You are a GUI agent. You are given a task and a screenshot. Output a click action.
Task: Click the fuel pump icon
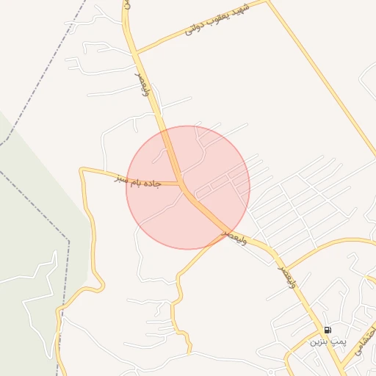click(x=328, y=330)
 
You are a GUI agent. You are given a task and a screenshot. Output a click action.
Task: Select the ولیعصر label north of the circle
click(x=143, y=84)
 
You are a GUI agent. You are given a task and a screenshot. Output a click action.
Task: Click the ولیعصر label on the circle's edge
click(x=234, y=236)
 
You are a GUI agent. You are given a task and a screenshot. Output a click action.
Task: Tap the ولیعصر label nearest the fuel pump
click(x=287, y=278)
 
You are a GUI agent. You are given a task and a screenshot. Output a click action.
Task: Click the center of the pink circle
click(x=188, y=187)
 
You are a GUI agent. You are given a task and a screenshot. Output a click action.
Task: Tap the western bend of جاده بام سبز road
click(x=82, y=170)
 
